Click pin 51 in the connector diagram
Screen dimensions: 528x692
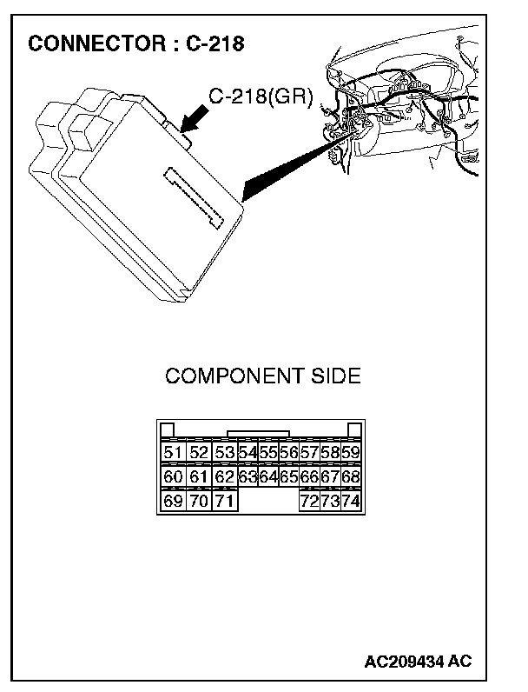coord(173,452)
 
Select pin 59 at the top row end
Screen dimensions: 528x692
coord(351,452)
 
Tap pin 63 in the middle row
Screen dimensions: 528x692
coord(247,476)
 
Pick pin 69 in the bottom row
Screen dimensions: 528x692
coord(173,501)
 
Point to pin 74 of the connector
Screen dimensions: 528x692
coord(351,501)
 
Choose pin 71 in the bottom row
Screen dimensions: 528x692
coord(225,501)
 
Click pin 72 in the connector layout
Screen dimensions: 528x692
coord(309,501)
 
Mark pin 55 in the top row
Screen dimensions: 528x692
coord(268,452)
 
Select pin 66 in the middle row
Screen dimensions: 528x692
coord(309,476)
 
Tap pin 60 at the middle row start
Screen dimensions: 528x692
coord(173,476)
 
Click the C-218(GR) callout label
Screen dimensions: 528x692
coord(261,96)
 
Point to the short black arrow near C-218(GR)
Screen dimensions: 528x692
coord(194,118)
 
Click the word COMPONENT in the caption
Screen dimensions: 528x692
coord(234,376)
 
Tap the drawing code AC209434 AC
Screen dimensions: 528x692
coord(418,661)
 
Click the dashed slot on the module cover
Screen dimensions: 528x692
coord(194,197)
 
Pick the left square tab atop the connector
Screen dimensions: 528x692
coord(168,429)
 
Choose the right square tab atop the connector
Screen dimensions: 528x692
coord(355,429)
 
